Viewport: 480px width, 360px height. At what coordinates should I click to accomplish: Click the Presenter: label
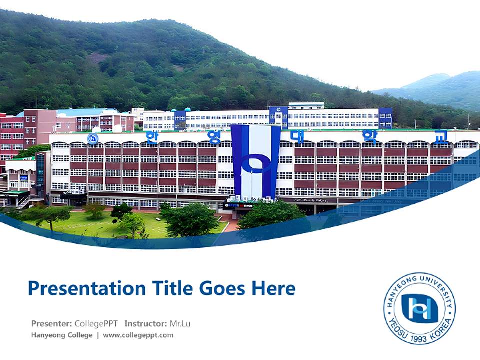pos(51,323)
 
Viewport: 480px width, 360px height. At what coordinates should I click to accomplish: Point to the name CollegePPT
pos(96,323)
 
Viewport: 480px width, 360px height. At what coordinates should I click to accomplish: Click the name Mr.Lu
pos(180,323)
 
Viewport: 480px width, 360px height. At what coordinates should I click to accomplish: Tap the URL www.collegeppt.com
pos(138,335)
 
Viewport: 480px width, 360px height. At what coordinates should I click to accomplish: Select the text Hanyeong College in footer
pos(62,335)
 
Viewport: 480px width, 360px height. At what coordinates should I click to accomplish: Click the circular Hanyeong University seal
pos(419,308)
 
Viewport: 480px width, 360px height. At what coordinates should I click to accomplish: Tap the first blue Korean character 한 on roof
pos(150,136)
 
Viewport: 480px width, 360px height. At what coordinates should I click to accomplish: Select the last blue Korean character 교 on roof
pos(440,136)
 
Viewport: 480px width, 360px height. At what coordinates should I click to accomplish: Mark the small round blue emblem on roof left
pos(93,139)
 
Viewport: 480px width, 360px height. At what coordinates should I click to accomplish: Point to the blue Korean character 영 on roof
pos(215,136)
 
